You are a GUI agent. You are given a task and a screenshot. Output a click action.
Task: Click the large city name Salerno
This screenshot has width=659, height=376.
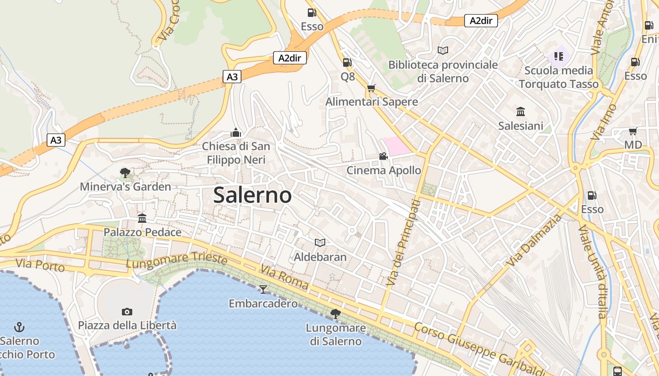click(x=252, y=195)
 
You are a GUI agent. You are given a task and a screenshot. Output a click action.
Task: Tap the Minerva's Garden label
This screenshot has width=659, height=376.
click(x=125, y=187)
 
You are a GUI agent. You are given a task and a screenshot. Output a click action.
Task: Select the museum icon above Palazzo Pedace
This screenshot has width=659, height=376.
click(x=142, y=218)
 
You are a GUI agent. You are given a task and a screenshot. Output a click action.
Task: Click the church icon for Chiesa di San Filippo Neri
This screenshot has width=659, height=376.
click(x=236, y=133)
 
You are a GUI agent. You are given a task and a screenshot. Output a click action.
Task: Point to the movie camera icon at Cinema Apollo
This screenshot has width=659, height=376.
click(x=384, y=156)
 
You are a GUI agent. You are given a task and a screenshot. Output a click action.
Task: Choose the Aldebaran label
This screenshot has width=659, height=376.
click(x=320, y=257)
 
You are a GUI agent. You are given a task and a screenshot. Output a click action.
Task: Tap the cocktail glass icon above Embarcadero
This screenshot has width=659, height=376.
click(x=263, y=289)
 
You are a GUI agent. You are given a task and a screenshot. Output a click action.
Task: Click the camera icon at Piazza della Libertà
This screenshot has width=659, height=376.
click(x=127, y=312)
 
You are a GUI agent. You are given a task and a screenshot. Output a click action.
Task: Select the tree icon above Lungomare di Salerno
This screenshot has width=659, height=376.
click(x=336, y=313)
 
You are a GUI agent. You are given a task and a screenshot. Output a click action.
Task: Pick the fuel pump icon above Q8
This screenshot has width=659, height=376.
click(x=347, y=62)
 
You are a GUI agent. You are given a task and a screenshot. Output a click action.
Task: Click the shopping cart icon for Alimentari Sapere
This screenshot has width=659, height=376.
click(x=371, y=88)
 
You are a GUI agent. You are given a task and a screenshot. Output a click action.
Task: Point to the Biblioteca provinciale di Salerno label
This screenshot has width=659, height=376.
click(x=442, y=71)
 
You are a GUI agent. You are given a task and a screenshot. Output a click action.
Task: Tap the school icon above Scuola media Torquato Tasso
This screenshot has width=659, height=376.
click(x=559, y=57)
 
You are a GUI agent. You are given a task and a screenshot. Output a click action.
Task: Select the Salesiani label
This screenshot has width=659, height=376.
click(x=521, y=126)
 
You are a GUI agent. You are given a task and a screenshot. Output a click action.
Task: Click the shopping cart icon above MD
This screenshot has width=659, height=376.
click(x=633, y=131)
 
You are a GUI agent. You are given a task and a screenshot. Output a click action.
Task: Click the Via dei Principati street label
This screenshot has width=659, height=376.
click(x=403, y=243)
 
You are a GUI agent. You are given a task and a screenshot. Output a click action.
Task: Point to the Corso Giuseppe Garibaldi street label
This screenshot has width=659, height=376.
click(x=478, y=348)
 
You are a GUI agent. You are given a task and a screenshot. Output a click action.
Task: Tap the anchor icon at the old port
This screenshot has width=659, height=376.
click(x=19, y=327)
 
